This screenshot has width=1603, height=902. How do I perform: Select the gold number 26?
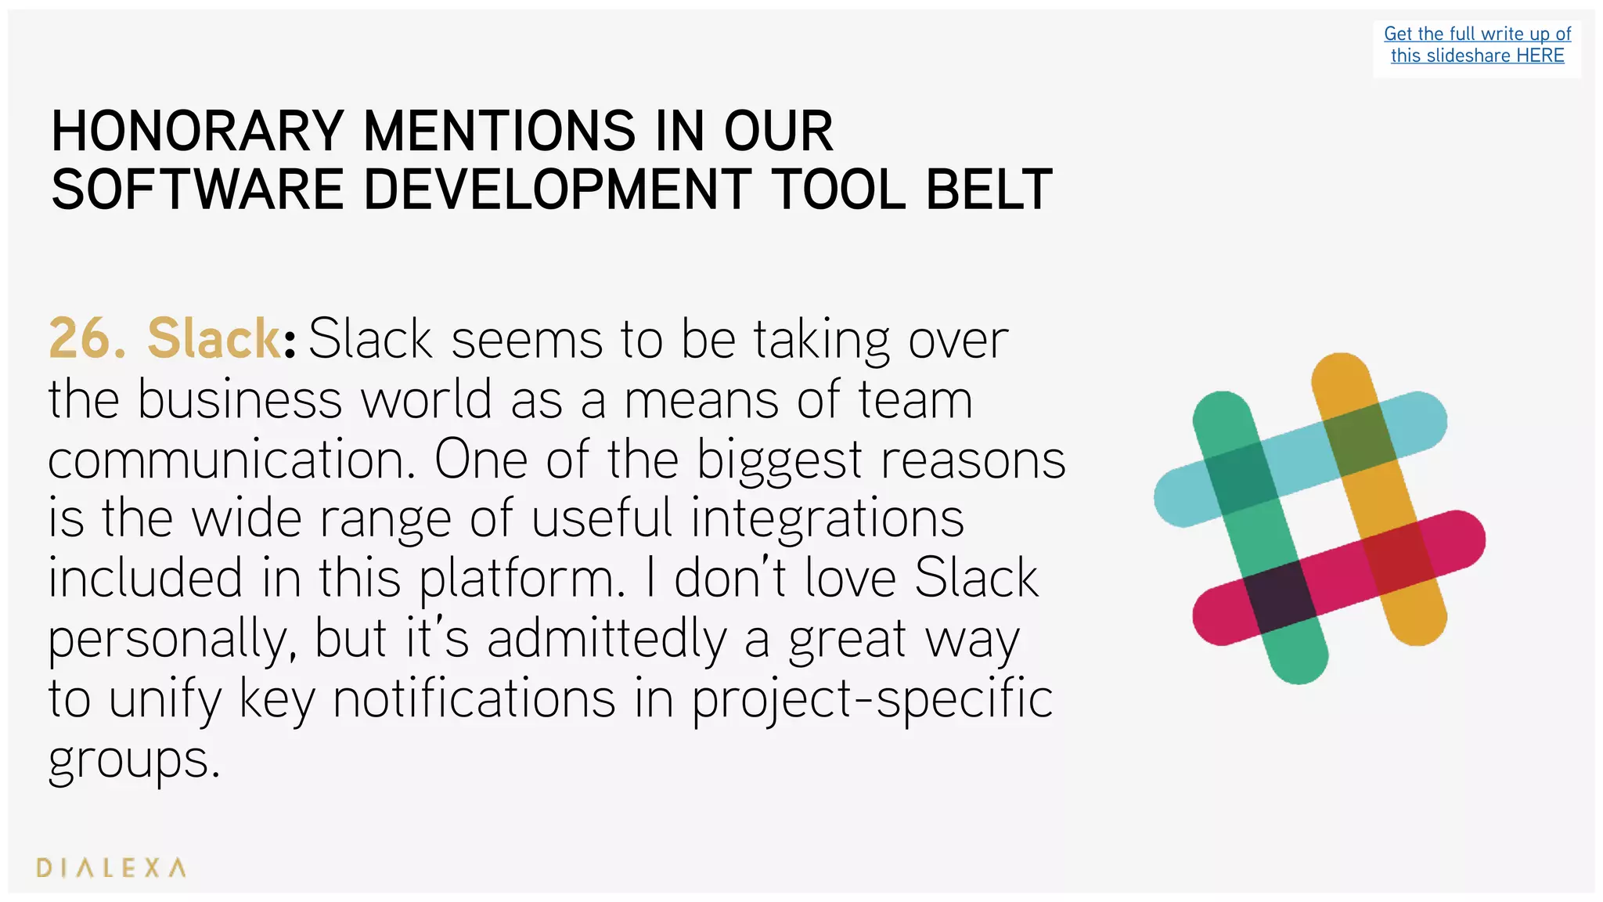coord(86,339)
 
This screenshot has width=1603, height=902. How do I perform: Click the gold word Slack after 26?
coord(213,339)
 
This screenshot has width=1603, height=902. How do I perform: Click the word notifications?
coord(474,699)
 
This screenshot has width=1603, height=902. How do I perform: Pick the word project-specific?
coord(872,699)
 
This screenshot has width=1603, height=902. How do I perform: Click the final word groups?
coord(133,759)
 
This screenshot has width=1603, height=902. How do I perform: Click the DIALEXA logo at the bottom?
coord(111,868)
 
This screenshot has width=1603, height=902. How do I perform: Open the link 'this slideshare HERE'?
coord(1477,56)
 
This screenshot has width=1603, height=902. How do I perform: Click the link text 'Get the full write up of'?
coord(1477,34)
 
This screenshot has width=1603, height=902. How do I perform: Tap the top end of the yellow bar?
coord(1341,375)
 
